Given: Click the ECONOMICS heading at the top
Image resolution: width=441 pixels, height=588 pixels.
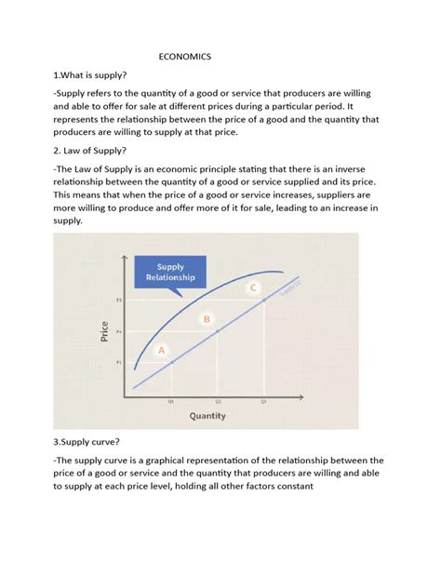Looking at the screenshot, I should point(185,57).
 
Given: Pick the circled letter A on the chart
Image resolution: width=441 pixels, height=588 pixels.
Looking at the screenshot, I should point(161,350).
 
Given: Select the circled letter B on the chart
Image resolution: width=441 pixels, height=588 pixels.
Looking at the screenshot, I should point(207,319).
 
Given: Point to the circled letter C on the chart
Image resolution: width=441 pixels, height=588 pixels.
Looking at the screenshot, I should point(252,288).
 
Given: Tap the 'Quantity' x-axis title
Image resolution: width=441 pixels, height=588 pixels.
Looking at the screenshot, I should point(207,416).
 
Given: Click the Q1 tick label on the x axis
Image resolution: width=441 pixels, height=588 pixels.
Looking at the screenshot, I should point(171,401).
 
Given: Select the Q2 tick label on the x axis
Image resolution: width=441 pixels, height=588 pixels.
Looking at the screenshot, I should point(218,401).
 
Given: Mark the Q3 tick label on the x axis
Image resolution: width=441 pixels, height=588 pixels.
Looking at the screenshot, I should point(263,401).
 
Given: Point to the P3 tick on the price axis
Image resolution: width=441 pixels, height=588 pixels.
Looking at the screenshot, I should point(119,301).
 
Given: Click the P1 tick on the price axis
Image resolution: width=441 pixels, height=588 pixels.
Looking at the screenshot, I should point(119,361).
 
